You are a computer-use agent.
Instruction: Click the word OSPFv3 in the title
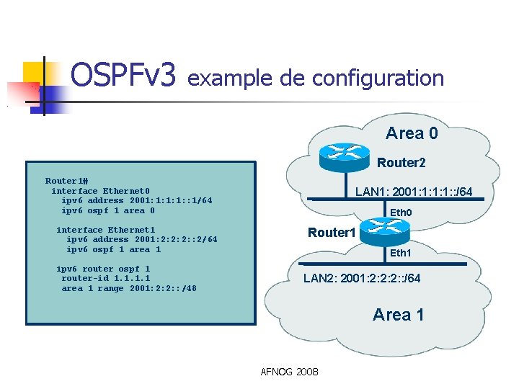[123, 76]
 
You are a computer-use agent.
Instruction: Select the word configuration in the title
[378, 77]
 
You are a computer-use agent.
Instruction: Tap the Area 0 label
[412, 133]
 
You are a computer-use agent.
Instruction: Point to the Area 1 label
[399, 314]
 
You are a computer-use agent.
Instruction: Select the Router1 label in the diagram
[332, 233]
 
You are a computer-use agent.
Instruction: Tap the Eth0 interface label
[400, 213]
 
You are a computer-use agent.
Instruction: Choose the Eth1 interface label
[400, 253]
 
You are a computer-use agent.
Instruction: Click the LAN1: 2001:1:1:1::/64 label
[414, 192]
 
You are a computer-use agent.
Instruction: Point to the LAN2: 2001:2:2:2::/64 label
[362, 278]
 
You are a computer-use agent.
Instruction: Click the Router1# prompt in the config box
[66, 181]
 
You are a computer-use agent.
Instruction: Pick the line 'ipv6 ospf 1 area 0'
[108, 210]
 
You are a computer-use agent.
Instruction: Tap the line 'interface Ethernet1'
[105, 230]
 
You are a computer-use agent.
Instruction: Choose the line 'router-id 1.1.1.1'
[105, 278]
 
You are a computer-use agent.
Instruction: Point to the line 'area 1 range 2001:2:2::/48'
[129, 288]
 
